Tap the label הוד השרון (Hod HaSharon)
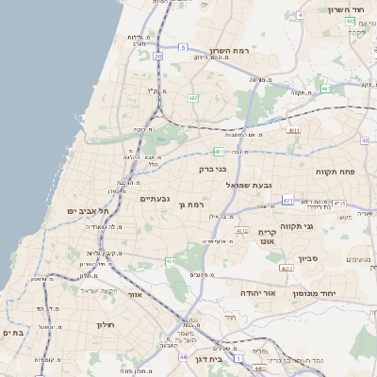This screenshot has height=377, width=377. [x=345, y=9]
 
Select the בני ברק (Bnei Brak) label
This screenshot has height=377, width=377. [x=214, y=169]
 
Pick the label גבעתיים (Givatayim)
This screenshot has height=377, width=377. [x=155, y=199]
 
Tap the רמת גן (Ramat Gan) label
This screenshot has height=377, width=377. [x=192, y=204]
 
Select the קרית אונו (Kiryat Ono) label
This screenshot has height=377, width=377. [x=268, y=237]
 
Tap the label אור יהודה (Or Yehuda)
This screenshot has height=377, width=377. [x=256, y=293]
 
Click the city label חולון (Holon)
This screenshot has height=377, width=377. [x=104, y=324]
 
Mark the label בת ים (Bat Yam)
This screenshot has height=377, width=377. [x=12, y=333]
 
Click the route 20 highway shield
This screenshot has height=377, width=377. [x=158, y=57]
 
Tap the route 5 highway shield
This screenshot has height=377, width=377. [x=182, y=45]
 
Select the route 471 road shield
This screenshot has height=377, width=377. [x=287, y=200]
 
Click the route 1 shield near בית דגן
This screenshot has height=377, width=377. [x=238, y=359]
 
